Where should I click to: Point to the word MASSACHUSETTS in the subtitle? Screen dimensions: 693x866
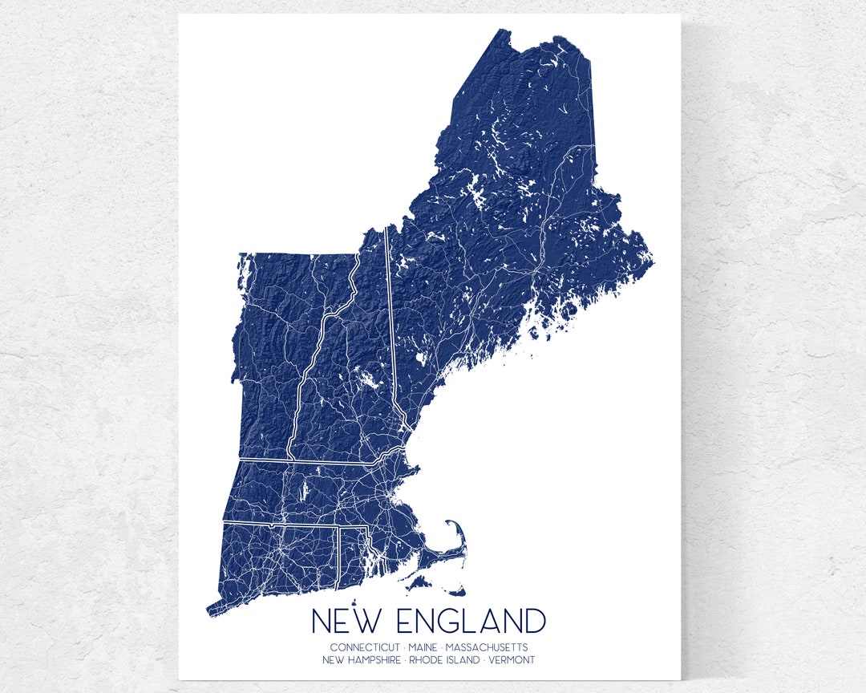(x=487, y=647)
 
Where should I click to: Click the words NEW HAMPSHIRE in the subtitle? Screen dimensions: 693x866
(x=362, y=660)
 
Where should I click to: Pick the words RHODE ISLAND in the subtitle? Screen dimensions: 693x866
(x=443, y=660)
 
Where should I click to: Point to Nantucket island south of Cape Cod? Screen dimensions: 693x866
(x=456, y=593)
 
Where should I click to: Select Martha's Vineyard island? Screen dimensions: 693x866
(x=417, y=584)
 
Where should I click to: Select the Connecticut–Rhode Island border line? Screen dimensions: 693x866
(x=341, y=557)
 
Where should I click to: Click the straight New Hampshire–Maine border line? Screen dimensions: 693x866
(x=391, y=321)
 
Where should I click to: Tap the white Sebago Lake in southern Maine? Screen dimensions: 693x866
(x=419, y=359)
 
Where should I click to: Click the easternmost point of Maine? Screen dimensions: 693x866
(x=653, y=261)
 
